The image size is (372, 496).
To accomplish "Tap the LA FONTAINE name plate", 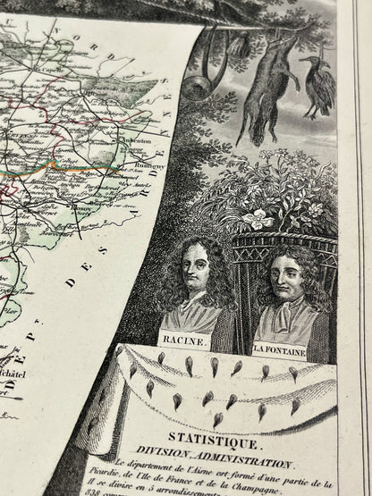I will [x=280, y=352].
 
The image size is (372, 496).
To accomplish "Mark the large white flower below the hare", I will [x=260, y=216].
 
